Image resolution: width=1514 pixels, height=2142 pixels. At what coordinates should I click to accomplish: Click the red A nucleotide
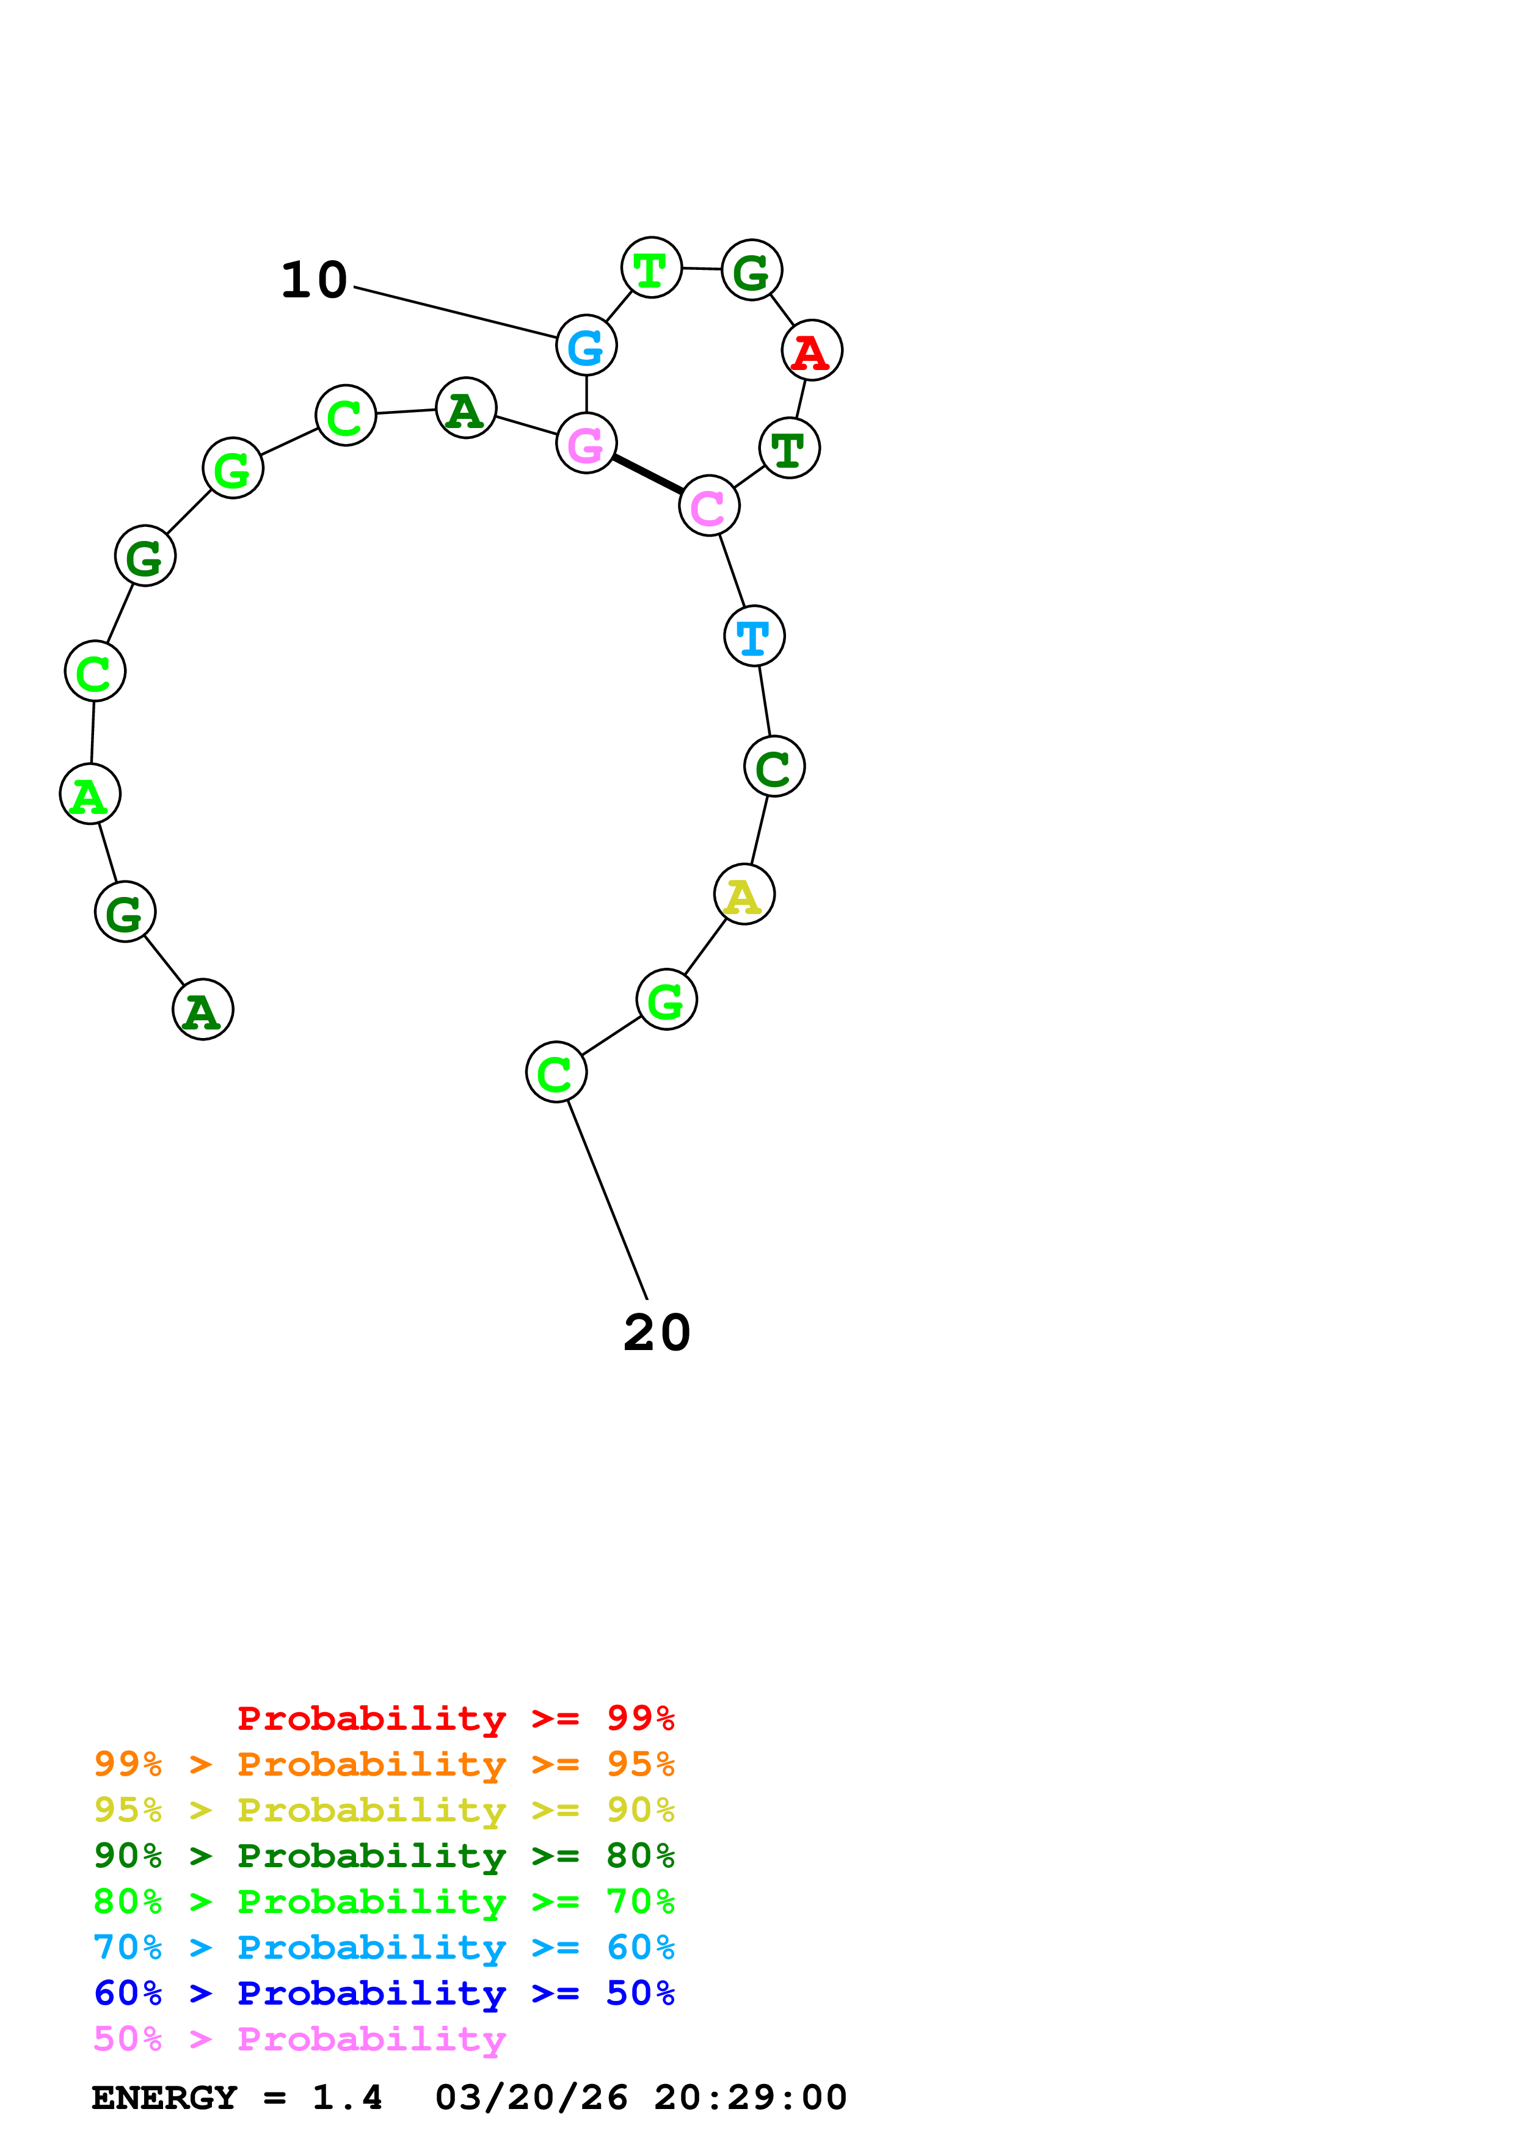pyautogui.click(x=812, y=350)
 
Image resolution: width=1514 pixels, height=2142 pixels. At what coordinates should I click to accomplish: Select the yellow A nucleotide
pyautogui.click(x=743, y=895)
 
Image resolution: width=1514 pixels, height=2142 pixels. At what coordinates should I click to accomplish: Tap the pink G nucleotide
pyautogui.click(x=586, y=443)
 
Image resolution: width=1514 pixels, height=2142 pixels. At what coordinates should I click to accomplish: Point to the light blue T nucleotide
pyautogui.click(x=754, y=636)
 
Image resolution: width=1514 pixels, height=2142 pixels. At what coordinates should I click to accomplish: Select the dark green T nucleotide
pyautogui.click(x=789, y=449)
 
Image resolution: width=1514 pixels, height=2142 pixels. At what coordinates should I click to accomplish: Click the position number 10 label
pyautogui.click(x=315, y=280)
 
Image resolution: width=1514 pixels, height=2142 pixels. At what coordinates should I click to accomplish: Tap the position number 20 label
pyautogui.click(x=657, y=1332)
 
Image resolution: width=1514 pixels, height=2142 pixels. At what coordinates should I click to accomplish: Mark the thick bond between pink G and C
pyautogui.click(x=647, y=475)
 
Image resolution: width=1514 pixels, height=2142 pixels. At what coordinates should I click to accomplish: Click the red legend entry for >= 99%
pyautogui.click(x=455, y=1718)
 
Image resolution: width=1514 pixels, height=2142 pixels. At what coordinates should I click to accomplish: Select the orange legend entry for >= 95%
pyautogui.click(x=384, y=1764)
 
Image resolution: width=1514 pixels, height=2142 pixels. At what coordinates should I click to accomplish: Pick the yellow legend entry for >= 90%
pyautogui.click(x=384, y=1810)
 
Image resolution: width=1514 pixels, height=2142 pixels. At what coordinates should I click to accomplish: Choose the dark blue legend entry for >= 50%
pyautogui.click(x=384, y=1993)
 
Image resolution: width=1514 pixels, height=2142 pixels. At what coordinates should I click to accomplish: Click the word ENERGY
pyautogui.click(x=164, y=2097)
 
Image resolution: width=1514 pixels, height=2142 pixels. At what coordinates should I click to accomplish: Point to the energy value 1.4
pyautogui.click(x=347, y=2097)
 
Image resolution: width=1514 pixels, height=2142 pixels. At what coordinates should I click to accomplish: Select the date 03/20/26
pyautogui.click(x=531, y=2097)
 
